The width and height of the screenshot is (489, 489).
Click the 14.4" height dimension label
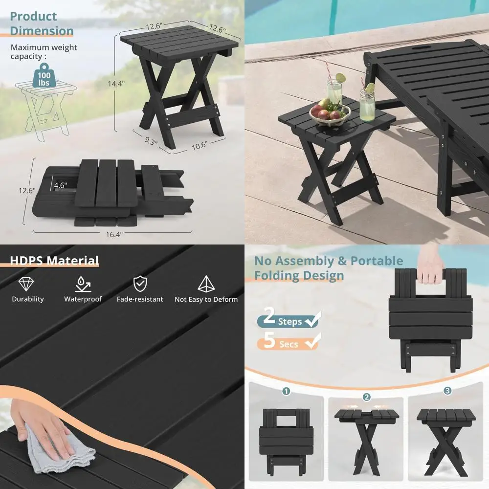[x=116, y=84]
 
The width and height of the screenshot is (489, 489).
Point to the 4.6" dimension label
[x=60, y=186]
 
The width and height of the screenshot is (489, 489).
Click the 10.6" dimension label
[x=200, y=145]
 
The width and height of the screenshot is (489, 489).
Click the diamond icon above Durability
[x=27, y=283]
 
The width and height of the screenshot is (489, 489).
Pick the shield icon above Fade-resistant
[x=140, y=283]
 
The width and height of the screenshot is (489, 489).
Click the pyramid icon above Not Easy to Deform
[x=205, y=283]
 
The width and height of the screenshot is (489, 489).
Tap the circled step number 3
[x=447, y=391]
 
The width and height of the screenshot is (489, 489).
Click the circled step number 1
[x=287, y=391]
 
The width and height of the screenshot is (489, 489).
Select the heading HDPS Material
[x=55, y=261]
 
